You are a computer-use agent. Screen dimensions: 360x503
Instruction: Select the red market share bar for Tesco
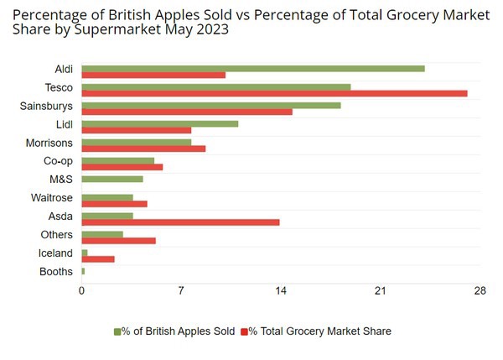click(274, 93)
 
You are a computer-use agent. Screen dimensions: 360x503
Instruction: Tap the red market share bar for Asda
click(180, 222)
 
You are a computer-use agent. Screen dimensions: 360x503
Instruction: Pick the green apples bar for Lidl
click(160, 123)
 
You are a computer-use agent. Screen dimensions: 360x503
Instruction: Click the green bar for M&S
click(112, 179)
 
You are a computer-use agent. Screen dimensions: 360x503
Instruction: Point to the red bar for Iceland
click(98, 258)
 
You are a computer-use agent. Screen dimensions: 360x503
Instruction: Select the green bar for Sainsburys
click(211, 105)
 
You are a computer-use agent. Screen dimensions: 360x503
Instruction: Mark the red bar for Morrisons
click(143, 149)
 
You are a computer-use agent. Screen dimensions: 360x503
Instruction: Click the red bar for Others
click(118, 240)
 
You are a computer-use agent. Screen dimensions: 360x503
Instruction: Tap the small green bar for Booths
click(83, 271)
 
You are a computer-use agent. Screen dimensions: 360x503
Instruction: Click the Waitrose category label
click(52, 198)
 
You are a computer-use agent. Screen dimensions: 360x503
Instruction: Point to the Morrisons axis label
click(49, 143)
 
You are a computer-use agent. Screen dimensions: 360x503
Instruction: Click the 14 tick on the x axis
click(281, 290)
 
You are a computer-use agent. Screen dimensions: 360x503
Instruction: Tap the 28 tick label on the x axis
click(480, 290)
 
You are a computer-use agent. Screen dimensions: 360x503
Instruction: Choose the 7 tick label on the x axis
click(181, 290)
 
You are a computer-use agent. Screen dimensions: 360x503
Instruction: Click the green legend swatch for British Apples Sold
click(117, 331)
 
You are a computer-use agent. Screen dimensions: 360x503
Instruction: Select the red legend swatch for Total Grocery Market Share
click(245, 331)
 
